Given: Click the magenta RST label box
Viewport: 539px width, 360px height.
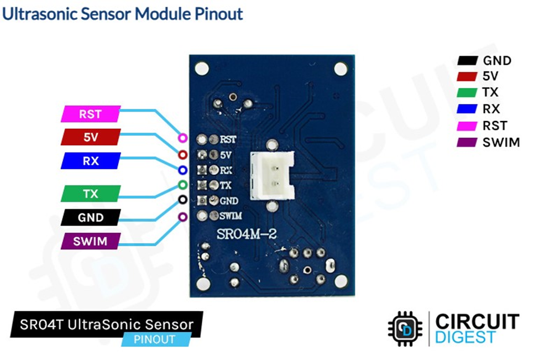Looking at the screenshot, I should (90, 114).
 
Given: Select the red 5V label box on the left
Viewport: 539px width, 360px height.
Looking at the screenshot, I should (90, 137).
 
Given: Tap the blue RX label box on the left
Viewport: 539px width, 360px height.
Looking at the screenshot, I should (90, 160).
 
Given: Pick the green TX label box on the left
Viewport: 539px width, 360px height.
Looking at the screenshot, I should (90, 194).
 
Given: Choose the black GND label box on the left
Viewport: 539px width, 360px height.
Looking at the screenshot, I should (90, 217).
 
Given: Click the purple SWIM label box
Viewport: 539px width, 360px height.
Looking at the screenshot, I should (90, 242).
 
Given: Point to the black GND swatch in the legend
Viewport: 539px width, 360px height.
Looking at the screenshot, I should (467, 61).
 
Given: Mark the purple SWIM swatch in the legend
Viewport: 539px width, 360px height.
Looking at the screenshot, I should (467, 143).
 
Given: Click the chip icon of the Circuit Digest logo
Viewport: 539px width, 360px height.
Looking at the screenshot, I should (405, 328).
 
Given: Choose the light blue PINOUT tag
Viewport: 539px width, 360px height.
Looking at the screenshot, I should (156, 339).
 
